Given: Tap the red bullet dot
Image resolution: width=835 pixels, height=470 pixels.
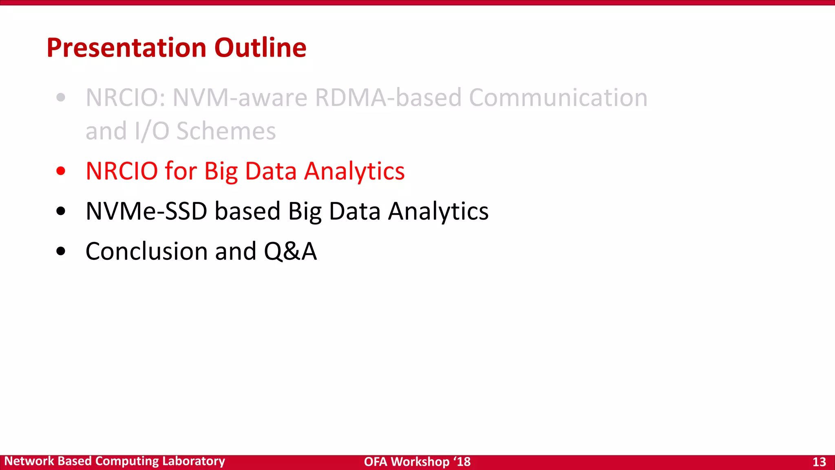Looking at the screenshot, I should [61, 171].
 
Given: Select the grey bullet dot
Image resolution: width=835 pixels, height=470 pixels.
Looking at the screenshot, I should [61, 98].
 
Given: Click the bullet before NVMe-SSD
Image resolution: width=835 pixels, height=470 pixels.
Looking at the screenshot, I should [61, 211].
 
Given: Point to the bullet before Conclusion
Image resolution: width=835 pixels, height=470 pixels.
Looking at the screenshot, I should [61, 251].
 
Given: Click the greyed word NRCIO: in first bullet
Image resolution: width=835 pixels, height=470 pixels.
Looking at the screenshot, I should [126, 98].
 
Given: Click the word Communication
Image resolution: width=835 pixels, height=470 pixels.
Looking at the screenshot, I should [558, 98].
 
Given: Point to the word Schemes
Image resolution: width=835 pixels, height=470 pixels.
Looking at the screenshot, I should [226, 131].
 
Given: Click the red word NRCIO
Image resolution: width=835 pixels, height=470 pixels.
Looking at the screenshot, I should [121, 171].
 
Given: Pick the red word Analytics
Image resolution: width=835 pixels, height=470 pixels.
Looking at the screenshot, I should [354, 172].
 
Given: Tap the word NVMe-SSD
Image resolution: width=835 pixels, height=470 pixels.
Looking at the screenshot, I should [146, 211].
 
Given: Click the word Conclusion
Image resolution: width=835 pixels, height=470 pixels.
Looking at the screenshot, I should [146, 251].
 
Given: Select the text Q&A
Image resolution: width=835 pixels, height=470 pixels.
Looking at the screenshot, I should [290, 251].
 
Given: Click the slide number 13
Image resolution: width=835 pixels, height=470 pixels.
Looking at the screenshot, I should [819, 462].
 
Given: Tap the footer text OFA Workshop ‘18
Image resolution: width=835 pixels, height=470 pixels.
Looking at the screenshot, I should [417, 462].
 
